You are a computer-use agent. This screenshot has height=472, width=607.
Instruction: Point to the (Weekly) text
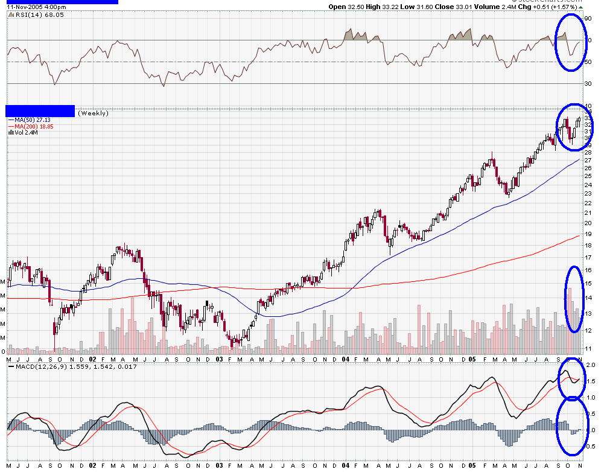click(x=93, y=113)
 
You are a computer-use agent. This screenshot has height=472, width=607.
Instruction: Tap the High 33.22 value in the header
click(x=379, y=7)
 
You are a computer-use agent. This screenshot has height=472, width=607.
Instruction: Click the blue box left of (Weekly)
click(x=40, y=111)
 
